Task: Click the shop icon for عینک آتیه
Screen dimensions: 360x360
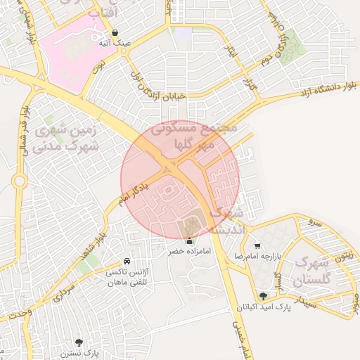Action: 115,33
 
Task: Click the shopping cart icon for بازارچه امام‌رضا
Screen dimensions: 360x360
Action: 259,247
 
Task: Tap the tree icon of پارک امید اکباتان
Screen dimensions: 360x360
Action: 263,297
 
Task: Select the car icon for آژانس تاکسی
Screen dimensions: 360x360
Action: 126,259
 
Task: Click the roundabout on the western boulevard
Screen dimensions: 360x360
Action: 18,181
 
